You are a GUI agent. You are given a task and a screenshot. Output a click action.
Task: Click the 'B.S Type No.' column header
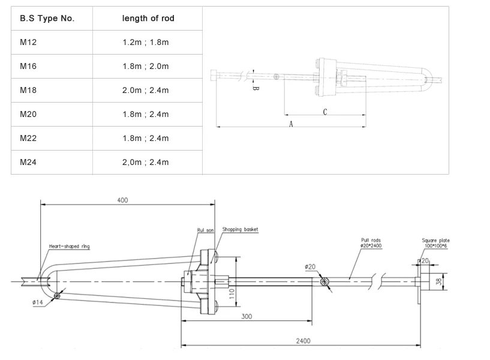tap(47, 19)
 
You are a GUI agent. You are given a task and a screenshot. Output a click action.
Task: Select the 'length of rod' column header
tap(148, 19)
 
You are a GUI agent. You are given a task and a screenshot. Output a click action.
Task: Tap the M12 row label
tap(28, 43)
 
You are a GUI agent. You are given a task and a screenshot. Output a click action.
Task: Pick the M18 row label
tap(28, 91)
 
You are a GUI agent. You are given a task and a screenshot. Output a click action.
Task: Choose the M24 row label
tap(28, 162)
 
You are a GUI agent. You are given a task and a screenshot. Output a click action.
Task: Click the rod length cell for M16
tap(146, 67)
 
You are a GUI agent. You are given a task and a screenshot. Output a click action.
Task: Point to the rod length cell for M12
tap(146, 43)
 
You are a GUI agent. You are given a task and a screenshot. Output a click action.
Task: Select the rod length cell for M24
tap(146, 162)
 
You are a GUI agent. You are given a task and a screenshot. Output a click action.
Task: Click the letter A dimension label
tap(290, 124)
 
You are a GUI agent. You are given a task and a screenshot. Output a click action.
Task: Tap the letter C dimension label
tap(324, 112)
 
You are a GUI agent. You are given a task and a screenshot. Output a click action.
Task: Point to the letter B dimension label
tap(255, 88)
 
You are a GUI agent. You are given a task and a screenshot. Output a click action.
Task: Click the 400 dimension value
tap(122, 200)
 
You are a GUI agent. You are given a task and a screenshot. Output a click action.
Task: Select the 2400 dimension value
tap(303, 340)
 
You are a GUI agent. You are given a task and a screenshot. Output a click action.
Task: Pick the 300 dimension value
tap(246, 316)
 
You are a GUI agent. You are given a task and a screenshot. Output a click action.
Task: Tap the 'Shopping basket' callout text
tap(240, 229)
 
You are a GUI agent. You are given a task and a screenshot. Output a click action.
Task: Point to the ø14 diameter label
tap(37, 303)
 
